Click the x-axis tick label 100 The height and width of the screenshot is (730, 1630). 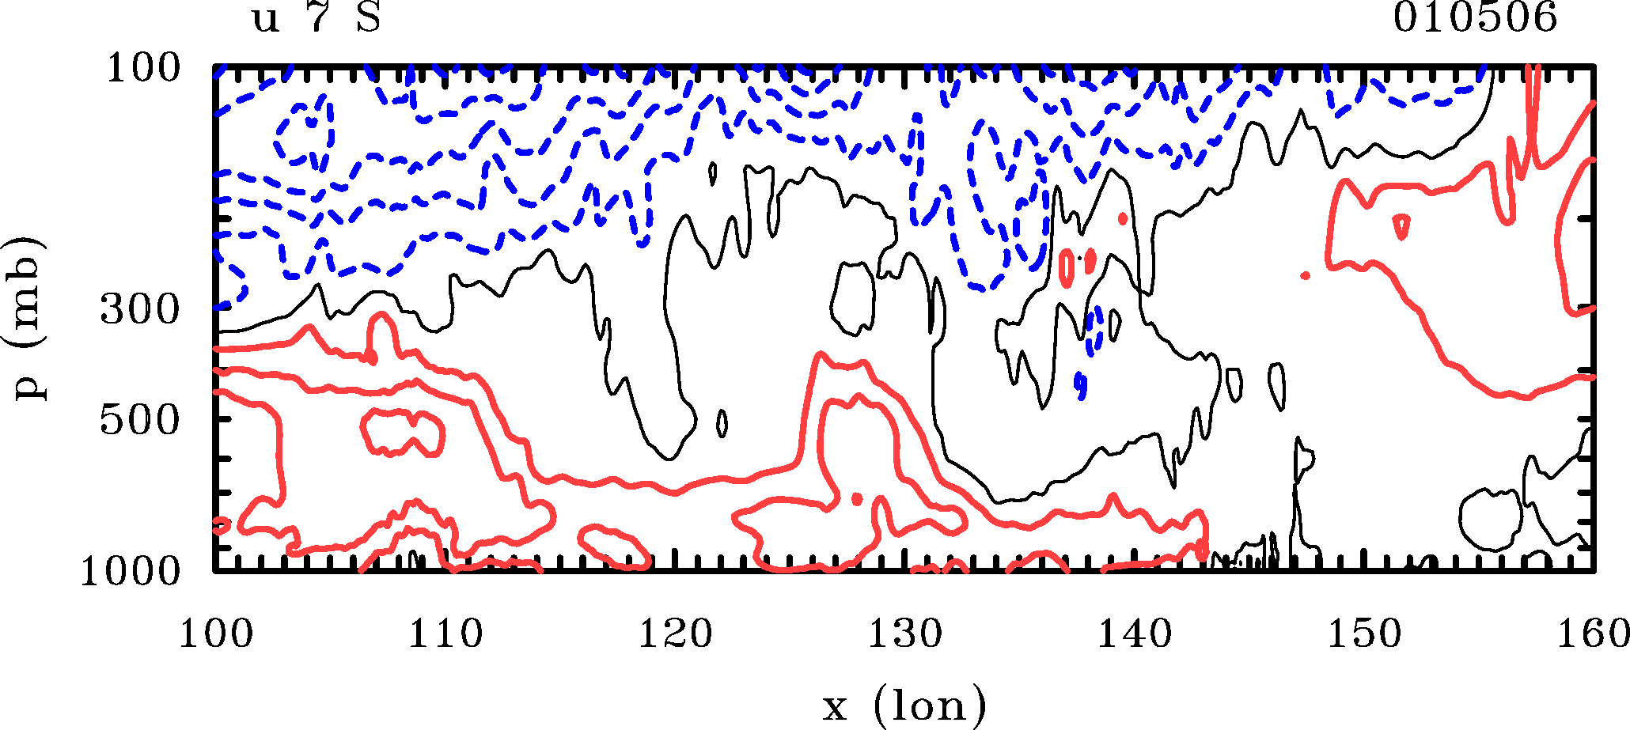[215, 634]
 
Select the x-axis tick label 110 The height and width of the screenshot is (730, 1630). [445, 634]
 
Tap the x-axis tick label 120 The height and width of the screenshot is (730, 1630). [675, 634]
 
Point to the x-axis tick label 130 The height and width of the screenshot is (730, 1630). [905, 634]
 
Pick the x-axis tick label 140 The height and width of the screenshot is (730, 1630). [1135, 634]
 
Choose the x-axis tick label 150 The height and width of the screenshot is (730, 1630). [1364, 634]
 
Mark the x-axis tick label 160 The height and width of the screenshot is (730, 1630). [1592, 634]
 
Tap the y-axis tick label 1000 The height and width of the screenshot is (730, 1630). [131, 570]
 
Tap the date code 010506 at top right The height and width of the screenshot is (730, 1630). [1475, 18]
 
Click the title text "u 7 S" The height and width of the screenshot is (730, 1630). [317, 18]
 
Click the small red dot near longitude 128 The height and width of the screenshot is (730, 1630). [856, 498]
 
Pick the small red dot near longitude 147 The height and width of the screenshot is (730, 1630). [1305, 275]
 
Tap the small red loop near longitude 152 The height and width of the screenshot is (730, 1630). [1401, 226]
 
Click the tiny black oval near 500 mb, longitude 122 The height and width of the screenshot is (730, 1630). [722, 424]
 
